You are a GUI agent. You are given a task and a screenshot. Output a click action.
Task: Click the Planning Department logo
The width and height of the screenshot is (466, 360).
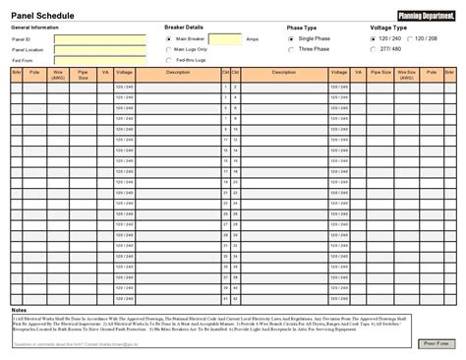425,14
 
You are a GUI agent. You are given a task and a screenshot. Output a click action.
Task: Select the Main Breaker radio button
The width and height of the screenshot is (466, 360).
169,38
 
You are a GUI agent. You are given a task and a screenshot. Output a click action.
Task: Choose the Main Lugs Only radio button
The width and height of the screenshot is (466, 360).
169,48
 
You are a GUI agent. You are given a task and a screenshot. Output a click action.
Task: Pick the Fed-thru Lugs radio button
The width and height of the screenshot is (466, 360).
169,59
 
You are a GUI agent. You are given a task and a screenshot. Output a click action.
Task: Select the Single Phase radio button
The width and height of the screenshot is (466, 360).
291,38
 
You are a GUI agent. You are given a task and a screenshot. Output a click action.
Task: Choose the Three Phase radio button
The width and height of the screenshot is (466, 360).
291,48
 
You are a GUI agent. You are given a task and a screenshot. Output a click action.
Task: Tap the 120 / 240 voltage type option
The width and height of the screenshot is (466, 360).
373,38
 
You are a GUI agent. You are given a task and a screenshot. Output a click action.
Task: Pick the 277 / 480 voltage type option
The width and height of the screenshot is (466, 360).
373,48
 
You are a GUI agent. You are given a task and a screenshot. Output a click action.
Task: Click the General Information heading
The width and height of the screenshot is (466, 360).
35,28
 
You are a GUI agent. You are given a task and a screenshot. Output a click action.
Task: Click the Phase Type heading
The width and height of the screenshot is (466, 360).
302,29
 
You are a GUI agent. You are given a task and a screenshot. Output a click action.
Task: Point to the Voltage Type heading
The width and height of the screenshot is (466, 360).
388,28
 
